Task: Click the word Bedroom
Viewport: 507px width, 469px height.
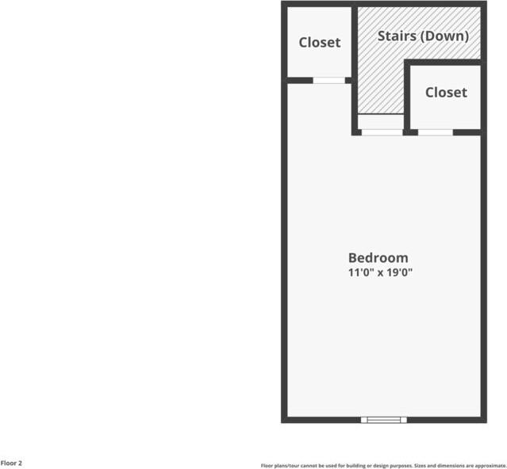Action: (x=378, y=257)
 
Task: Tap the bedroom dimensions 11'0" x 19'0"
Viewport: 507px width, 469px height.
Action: (x=380, y=273)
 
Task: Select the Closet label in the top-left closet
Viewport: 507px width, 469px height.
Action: (x=319, y=43)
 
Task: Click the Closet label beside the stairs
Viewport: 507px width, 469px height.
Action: (x=446, y=93)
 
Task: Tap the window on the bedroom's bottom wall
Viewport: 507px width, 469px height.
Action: (x=383, y=419)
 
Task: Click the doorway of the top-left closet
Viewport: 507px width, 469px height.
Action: (x=328, y=80)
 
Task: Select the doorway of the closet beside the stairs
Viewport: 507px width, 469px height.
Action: (x=435, y=132)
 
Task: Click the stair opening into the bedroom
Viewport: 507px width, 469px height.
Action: (x=382, y=132)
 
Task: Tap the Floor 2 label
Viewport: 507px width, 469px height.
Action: (x=11, y=463)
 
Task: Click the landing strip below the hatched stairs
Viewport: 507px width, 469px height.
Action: (x=381, y=122)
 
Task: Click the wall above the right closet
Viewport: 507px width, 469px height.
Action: (x=444, y=62)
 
